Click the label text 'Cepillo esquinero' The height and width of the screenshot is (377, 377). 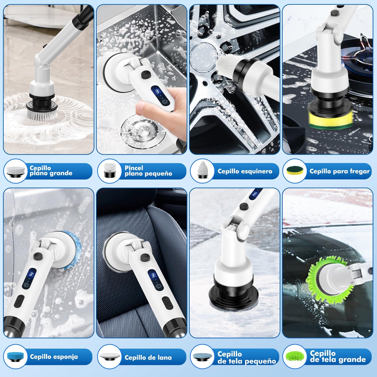[x=245, y=171]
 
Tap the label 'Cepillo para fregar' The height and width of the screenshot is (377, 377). [x=339, y=171]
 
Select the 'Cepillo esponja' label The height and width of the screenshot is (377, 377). [x=54, y=357]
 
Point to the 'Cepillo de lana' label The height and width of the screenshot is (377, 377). [x=148, y=357]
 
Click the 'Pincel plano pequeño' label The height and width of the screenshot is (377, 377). [x=148, y=171]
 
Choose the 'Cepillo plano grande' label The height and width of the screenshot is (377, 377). [x=51, y=170]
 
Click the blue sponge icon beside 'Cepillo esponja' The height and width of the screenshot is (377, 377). [x=15, y=357]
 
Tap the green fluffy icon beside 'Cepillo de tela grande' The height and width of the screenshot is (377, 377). [x=295, y=356]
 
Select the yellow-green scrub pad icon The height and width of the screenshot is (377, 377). [x=295, y=171]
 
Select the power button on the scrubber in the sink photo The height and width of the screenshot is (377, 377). [x=165, y=102]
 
